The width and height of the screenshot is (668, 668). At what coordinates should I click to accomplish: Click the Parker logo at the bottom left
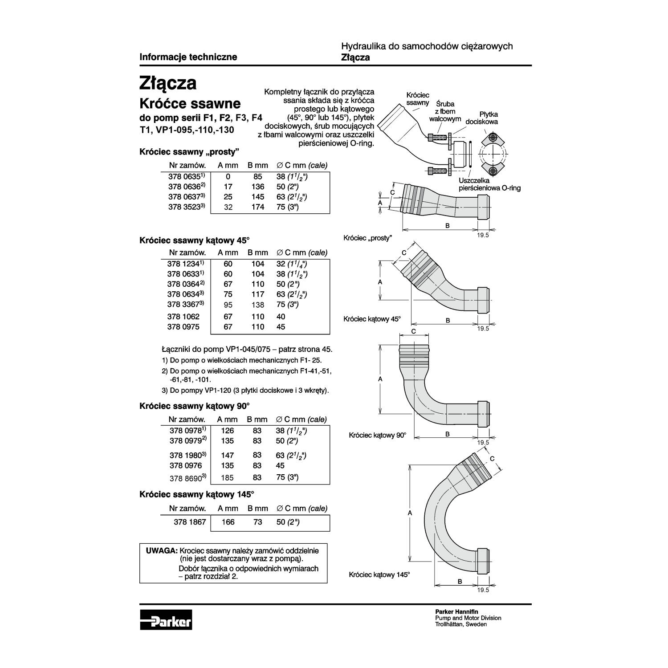[x=166, y=619]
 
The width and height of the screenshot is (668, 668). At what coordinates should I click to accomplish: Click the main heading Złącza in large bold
[x=168, y=83]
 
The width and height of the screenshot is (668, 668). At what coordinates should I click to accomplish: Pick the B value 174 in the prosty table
[x=258, y=207]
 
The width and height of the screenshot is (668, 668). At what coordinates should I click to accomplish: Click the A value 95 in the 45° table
[x=228, y=305]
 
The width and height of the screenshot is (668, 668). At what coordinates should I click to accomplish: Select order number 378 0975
[x=183, y=327]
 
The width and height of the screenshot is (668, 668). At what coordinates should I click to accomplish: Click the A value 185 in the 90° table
[x=228, y=478]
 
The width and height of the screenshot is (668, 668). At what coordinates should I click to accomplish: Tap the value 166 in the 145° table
[x=228, y=522]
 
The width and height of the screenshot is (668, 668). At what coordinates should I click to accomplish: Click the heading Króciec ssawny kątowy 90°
[x=195, y=406]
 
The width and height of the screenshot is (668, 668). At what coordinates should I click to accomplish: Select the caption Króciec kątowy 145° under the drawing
[x=379, y=575]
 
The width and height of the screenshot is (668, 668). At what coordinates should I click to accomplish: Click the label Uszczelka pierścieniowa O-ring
[x=489, y=184]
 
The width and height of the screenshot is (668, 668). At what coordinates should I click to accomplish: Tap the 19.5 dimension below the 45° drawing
[x=483, y=329]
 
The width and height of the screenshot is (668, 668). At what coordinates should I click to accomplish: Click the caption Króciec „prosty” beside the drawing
[x=367, y=238]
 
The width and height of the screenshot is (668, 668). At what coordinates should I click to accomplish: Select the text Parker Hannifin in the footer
[x=456, y=612]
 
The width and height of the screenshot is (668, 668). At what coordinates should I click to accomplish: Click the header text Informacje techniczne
[x=188, y=57]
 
